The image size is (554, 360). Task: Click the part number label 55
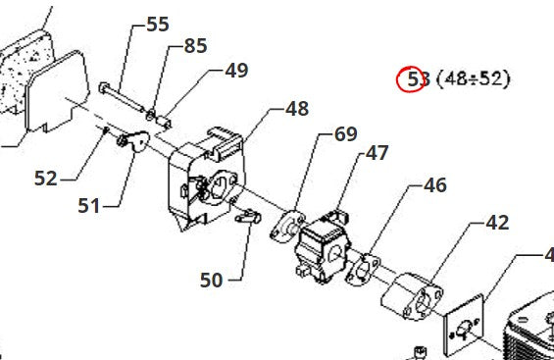tap(158, 25)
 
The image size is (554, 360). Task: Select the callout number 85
tap(195, 46)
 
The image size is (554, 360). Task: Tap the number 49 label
tap(236, 71)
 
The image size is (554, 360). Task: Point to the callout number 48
tap(297, 109)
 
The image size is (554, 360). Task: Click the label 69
tap(346, 133)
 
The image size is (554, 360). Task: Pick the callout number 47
tap(377, 153)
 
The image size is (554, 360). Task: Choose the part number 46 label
tap(435, 185)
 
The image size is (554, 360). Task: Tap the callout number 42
tap(497, 223)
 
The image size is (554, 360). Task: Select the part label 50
tap(211, 280)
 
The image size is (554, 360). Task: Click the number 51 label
tap(89, 205)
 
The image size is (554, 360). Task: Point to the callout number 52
tap(45, 179)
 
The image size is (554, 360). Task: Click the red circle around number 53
tap(410, 78)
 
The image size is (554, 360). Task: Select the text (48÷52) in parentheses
tap(474, 78)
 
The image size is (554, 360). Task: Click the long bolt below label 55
tap(122, 97)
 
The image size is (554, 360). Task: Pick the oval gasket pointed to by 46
tap(364, 269)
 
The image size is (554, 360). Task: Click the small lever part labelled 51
tap(133, 140)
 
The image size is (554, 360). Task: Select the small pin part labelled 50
tap(248, 216)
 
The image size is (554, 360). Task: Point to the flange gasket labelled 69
tap(287, 227)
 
